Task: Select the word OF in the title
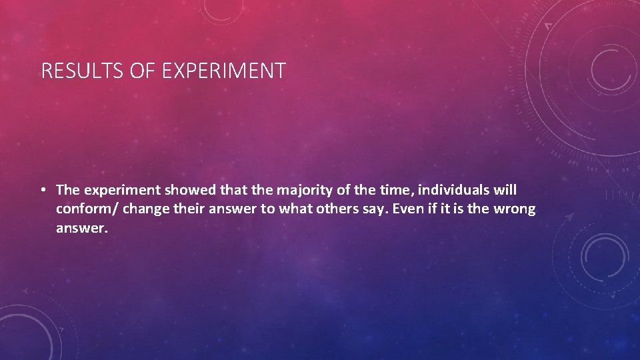(x=141, y=71)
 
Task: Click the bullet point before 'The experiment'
(x=42, y=191)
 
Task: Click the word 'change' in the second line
(x=145, y=209)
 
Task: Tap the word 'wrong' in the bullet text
(x=514, y=209)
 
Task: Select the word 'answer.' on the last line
(x=81, y=229)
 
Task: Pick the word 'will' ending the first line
(x=505, y=191)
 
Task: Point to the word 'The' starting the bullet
(x=67, y=191)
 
